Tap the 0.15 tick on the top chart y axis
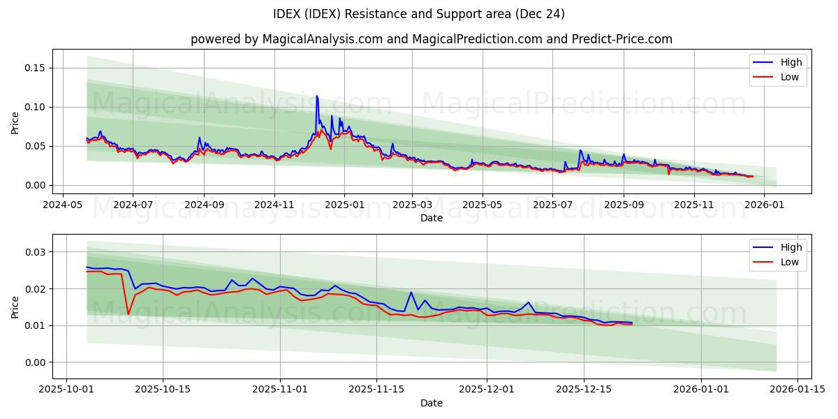point(35,68)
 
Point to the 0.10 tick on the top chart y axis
point(35,107)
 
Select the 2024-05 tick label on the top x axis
point(63,205)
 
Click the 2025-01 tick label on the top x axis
point(344,205)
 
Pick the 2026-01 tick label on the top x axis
point(764,205)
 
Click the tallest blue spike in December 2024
point(317,96)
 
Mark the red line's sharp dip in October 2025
point(128,314)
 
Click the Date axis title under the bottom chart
point(431,403)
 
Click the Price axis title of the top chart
point(15,122)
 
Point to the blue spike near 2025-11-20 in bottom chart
point(411,293)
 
